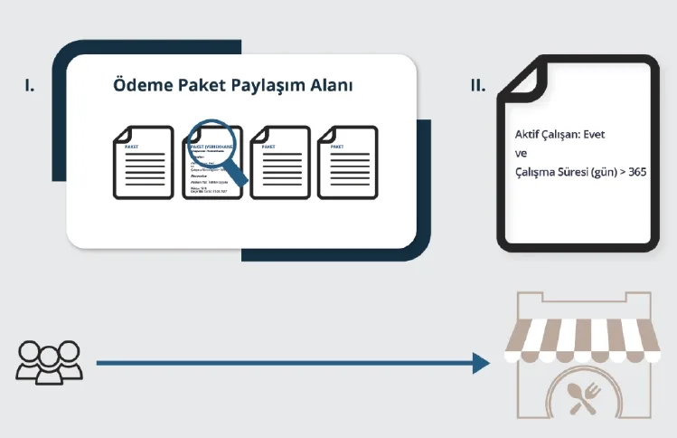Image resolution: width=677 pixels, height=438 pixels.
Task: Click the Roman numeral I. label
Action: coord(30,87)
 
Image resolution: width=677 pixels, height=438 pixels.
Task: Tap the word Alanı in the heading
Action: coord(330,86)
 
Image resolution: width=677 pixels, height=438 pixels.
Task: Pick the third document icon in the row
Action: coord(280,163)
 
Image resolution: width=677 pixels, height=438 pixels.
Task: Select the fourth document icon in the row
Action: coord(349,163)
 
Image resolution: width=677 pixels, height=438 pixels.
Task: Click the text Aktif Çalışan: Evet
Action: coord(559,135)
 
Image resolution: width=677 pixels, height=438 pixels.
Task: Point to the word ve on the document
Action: coord(520,153)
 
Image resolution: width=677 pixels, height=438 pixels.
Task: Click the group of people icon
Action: coord(49,360)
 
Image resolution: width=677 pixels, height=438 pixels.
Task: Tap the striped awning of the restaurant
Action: coord(582,341)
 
